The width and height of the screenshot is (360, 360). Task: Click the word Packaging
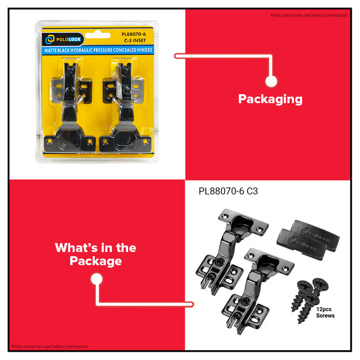tap(270, 99)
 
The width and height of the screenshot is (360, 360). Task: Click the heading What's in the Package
tap(96, 254)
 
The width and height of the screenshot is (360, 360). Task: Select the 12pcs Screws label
tap(325, 312)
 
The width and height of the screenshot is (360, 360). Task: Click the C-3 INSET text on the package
tap(135, 43)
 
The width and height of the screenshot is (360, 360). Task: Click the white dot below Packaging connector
tap(272, 81)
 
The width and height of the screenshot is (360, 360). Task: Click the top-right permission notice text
tap(309, 15)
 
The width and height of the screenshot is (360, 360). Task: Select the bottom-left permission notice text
tap(49, 347)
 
